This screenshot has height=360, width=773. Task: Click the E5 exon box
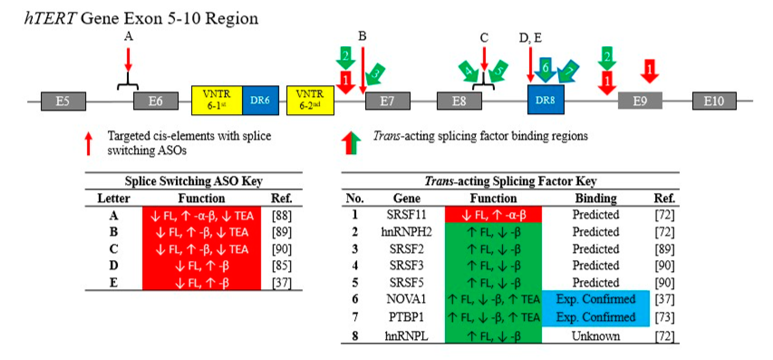(63, 101)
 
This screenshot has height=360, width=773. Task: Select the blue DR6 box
(260, 100)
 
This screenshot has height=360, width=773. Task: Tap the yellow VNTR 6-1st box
(217, 100)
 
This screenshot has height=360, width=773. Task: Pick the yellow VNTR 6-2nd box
(310, 100)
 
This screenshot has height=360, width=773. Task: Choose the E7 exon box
(387, 101)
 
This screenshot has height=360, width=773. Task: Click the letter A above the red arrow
(128, 36)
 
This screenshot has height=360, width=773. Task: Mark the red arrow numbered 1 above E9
(649, 71)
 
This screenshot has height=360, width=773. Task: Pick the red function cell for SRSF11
(493, 215)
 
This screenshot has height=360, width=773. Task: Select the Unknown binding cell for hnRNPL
(596, 336)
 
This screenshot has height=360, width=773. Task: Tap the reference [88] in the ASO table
(281, 215)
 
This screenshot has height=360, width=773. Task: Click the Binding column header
(596, 198)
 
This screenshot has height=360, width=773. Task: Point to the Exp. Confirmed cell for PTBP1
(596, 317)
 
